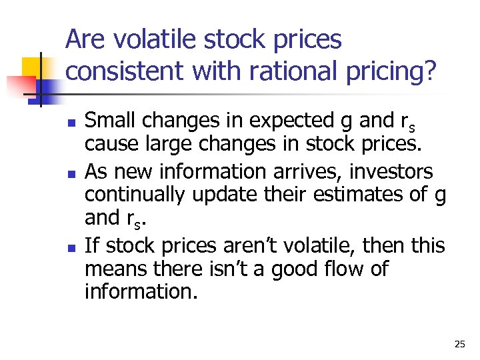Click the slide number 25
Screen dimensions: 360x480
[459, 344]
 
